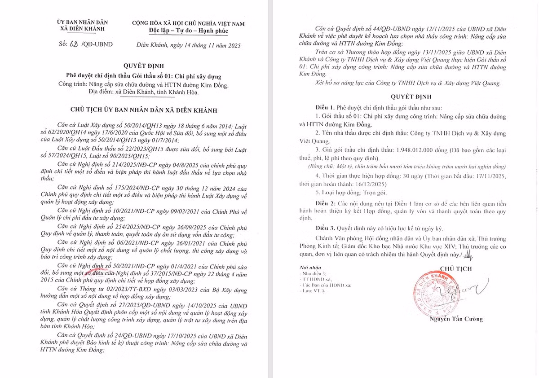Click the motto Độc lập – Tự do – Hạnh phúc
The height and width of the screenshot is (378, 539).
coord(189,31)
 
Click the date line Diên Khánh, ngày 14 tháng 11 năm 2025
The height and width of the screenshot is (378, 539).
coord(189,45)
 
